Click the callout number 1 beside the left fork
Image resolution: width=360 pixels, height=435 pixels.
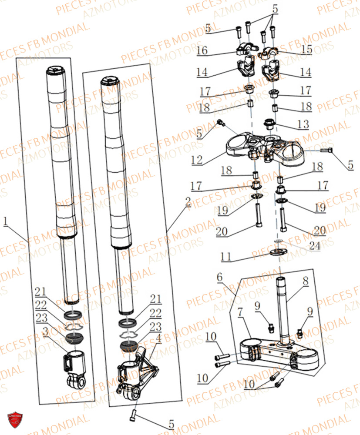pyautogui.click(x=5, y=221)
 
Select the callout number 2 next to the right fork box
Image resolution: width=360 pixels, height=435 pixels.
pyautogui.click(x=188, y=201)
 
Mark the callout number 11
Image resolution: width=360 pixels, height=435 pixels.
pyautogui.click(x=225, y=257)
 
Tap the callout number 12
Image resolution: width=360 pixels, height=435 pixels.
pyautogui.click(x=196, y=161)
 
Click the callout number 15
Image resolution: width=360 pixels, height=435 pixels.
pyautogui.click(x=307, y=50)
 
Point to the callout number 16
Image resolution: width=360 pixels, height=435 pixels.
pyautogui.click(x=202, y=50)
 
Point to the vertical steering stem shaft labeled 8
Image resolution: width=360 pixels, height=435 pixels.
pyautogui.click(x=281, y=304)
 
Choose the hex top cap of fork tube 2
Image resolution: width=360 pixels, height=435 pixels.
pyautogui.click(x=108, y=81)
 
